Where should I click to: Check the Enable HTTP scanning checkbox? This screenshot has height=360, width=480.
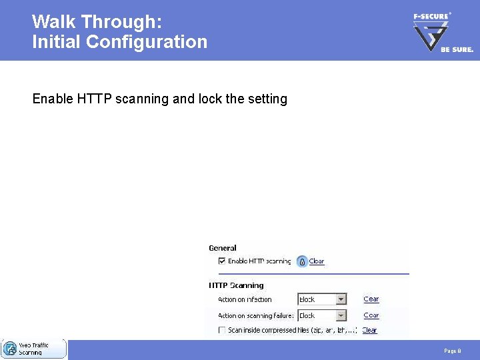[x=222, y=261]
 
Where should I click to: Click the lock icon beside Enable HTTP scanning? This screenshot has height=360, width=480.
[x=301, y=261]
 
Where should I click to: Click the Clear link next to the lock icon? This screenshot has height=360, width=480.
[x=317, y=261]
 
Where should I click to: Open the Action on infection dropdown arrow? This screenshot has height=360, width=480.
[x=341, y=299]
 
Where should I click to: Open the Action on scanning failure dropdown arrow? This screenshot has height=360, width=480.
[x=341, y=315]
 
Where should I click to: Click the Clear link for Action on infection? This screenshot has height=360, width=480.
[x=371, y=299]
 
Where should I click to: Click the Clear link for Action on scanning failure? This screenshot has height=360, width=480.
[x=371, y=315]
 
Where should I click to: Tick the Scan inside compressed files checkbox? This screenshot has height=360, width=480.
[x=222, y=330]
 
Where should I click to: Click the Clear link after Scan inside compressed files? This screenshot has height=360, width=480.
[x=369, y=330]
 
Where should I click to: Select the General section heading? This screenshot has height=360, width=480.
[x=223, y=248]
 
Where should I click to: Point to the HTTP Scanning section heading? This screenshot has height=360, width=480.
[x=236, y=285]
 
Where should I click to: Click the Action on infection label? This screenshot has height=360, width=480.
[x=245, y=300]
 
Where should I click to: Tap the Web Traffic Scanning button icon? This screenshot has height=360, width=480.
[x=10, y=349]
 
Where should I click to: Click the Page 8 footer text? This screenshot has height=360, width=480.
[x=452, y=351]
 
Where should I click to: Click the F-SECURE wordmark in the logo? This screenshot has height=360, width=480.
[x=431, y=16]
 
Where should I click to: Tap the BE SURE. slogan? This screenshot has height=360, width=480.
[x=457, y=49]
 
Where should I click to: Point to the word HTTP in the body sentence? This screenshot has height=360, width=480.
[x=95, y=99]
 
